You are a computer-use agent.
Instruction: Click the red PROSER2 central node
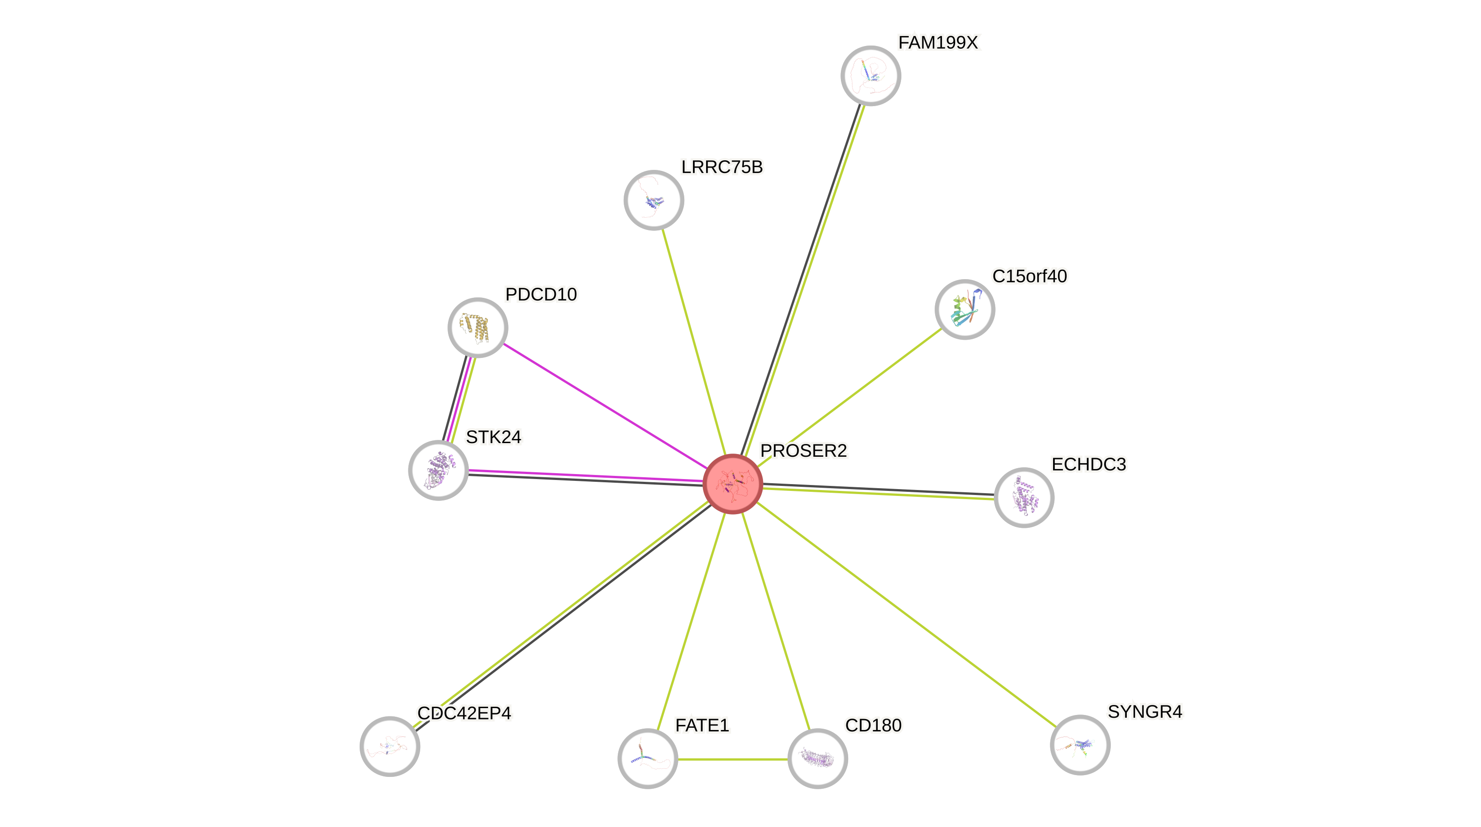[x=733, y=484]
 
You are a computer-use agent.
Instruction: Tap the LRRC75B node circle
[x=654, y=200]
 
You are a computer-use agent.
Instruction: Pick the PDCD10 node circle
[x=477, y=327]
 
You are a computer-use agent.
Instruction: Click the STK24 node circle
[x=438, y=470]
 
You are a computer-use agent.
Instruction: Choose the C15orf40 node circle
[x=965, y=309]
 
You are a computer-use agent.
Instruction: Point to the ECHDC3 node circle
[x=1024, y=497]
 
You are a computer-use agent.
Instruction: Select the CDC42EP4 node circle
[x=390, y=746]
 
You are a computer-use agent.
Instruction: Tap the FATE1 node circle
[x=647, y=759]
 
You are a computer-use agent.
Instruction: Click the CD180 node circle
[x=817, y=759]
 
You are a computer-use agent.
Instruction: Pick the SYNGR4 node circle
[x=1080, y=745]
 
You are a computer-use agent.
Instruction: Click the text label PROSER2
[x=803, y=450]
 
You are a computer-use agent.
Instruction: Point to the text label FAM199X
[x=938, y=42]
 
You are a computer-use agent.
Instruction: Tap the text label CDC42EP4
[x=464, y=713]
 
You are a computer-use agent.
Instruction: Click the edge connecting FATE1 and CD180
[x=733, y=760]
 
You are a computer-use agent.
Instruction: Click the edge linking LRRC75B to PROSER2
[x=694, y=343]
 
